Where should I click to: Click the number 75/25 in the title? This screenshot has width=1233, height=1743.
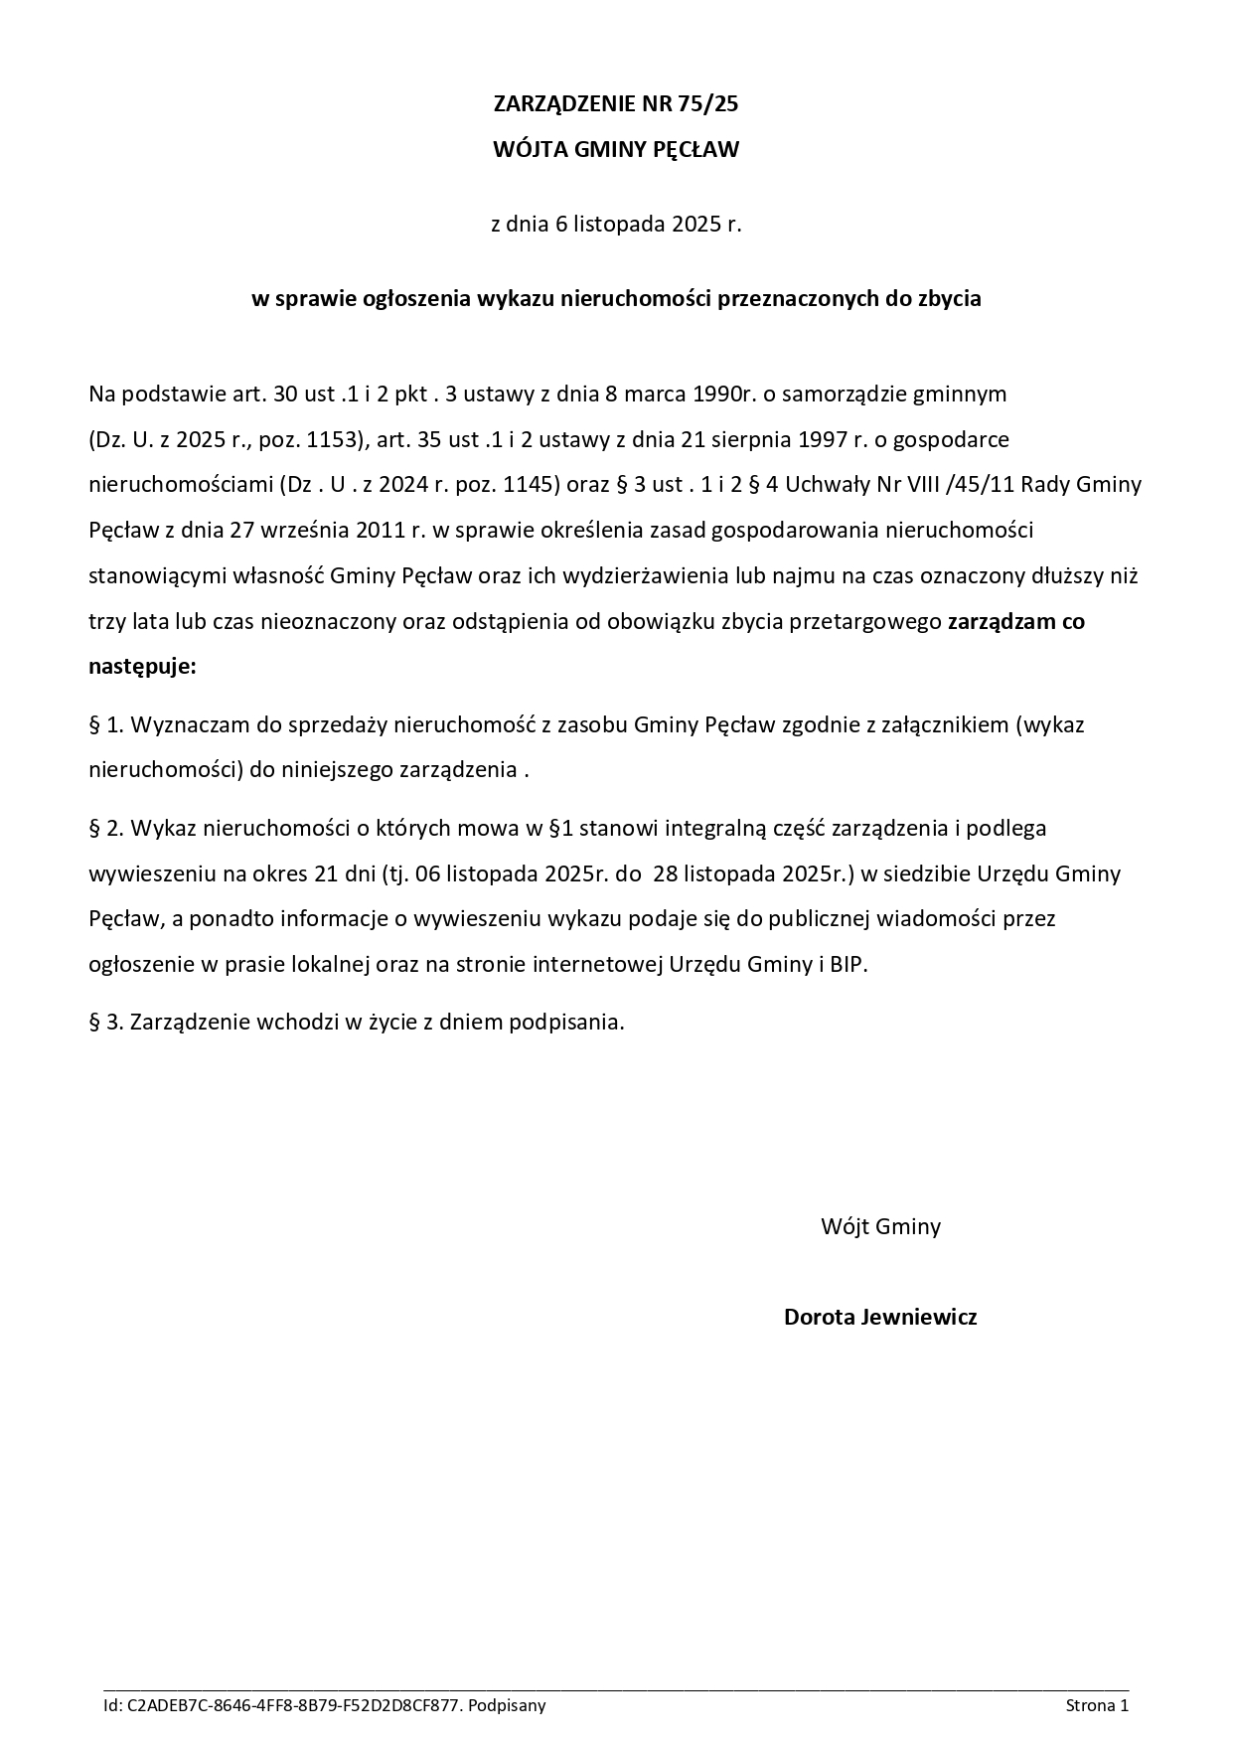(709, 104)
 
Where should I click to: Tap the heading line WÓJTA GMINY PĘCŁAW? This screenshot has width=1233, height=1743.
(616, 150)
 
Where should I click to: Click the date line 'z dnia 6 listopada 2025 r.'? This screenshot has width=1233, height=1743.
(616, 225)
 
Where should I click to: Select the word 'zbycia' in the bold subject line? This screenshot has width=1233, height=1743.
(949, 299)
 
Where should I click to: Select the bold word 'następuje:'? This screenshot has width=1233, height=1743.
(142, 667)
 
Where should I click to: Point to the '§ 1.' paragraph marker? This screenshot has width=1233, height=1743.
(106, 724)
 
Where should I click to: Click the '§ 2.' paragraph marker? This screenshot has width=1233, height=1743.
(106, 828)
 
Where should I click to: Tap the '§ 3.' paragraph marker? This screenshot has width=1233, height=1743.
(106, 1022)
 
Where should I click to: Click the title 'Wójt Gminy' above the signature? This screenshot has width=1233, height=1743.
(880, 1226)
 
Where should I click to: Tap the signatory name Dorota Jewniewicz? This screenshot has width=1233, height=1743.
(880, 1318)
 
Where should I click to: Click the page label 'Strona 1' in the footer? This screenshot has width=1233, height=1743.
(1097, 1706)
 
